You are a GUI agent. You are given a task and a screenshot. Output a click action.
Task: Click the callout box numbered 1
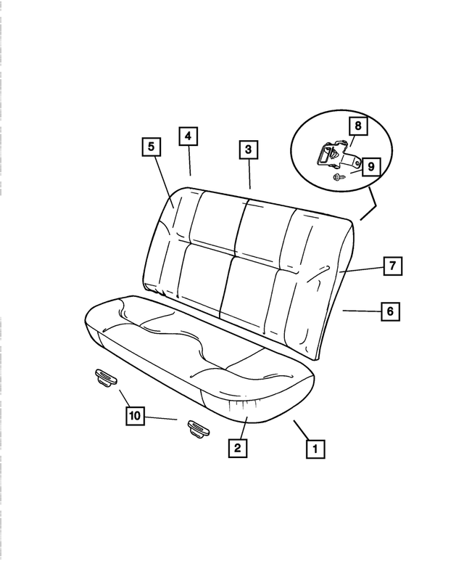[314, 449]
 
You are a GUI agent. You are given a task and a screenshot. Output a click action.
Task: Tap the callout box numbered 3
[248, 150]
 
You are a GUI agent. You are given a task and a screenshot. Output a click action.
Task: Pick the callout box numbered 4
[187, 136]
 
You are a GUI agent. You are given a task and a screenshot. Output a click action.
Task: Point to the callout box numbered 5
[151, 147]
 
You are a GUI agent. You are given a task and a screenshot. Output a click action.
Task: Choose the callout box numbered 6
[389, 311]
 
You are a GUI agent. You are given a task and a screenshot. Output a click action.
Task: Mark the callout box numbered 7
[391, 266]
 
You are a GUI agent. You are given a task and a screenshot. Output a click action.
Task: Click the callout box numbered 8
[357, 126]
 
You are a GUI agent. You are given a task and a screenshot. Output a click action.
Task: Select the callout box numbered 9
[370, 167]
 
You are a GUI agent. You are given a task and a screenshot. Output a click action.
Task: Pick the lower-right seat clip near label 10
[198, 428]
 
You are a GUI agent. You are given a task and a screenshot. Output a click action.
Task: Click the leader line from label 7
[360, 269]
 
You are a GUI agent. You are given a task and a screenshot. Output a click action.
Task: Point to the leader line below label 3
[249, 174]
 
